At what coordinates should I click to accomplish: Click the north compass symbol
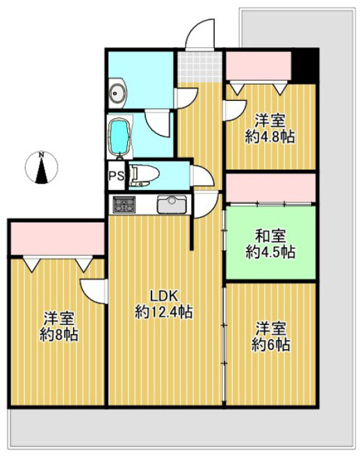pyautogui.click(x=41, y=168)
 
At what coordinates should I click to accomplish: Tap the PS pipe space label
pyautogui.click(x=117, y=176)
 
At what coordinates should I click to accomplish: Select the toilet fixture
pyautogui.click(x=145, y=176)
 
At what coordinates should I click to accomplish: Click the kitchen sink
pyautogui.click(x=172, y=204)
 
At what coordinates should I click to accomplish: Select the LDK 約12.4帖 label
pyautogui.click(x=164, y=305)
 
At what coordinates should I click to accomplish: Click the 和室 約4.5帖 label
pyautogui.click(x=270, y=244)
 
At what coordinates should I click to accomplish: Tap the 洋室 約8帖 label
pyautogui.click(x=58, y=326)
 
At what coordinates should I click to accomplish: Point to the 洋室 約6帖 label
pyautogui.click(x=271, y=336)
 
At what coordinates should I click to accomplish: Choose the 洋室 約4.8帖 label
pyautogui.click(x=270, y=128)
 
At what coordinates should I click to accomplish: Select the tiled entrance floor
pyautogui.click(x=200, y=67)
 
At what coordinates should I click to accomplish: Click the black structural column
pyautogui.click(x=304, y=66)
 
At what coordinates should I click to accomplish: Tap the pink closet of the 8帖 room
pyautogui.click(x=58, y=239)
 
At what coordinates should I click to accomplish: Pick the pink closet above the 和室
pyautogui.click(x=271, y=188)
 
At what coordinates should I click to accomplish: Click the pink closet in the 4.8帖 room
pyautogui.click(x=259, y=65)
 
